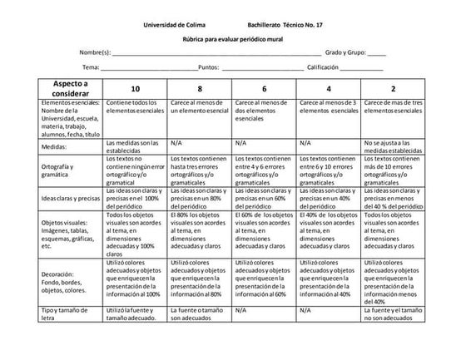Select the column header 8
200,89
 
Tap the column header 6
264,89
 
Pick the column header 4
328,89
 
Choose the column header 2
392,89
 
